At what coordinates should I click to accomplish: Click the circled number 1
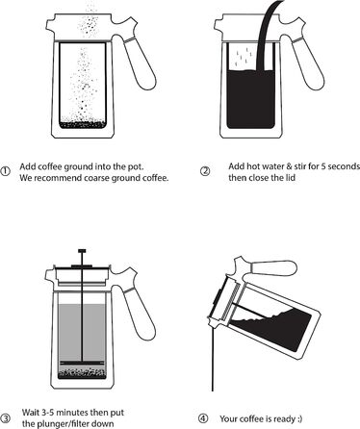tap(5, 171)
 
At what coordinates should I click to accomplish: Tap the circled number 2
tap(205, 171)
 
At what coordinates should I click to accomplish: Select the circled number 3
tap(6, 417)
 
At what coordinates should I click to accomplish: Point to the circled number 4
tap(203, 418)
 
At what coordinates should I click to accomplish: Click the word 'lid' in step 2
tap(290, 177)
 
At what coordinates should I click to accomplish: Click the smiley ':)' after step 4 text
tap(299, 418)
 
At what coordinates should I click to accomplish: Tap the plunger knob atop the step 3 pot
tap(82, 251)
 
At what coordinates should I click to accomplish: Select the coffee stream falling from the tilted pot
tap(213, 358)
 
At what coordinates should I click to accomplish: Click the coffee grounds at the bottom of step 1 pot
tap(83, 125)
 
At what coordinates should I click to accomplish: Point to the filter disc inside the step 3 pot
tap(82, 363)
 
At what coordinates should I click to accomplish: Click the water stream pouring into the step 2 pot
tap(267, 36)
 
